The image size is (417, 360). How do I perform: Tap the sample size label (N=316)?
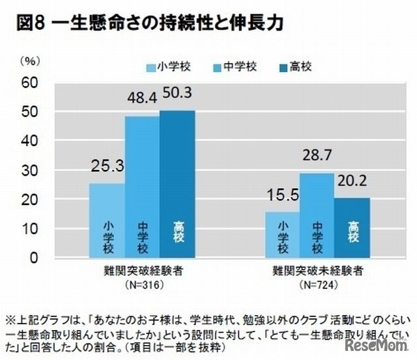[x=143, y=285]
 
